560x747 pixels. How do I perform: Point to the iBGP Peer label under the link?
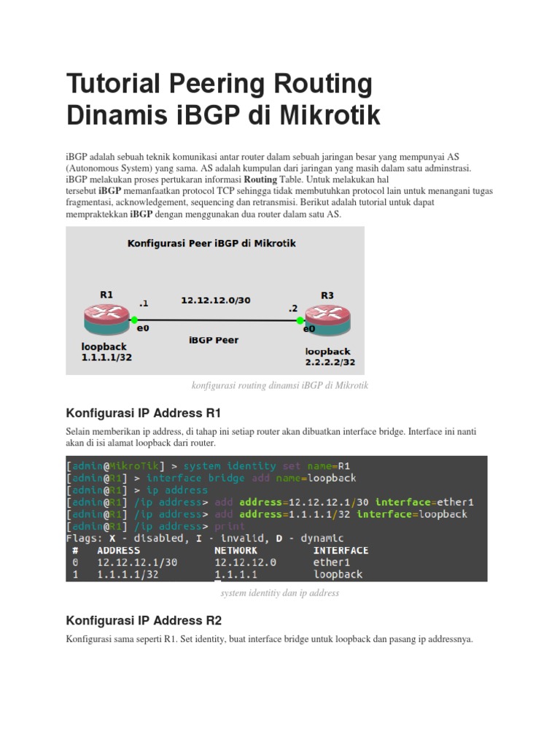pyautogui.click(x=214, y=340)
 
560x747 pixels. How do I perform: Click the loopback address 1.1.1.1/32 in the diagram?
pyautogui.click(x=106, y=357)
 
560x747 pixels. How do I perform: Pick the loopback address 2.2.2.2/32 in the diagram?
pyautogui.click(x=330, y=362)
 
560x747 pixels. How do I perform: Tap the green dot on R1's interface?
pyautogui.click(x=135, y=320)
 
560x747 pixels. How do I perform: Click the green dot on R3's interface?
pyautogui.click(x=299, y=320)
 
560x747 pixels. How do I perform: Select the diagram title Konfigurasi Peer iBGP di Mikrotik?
pyautogui.click(x=211, y=244)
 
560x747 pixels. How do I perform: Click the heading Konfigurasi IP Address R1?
pyautogui.click(x=143, y=413)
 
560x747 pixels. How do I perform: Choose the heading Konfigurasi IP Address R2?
pyautogui.click(x=143, y=620)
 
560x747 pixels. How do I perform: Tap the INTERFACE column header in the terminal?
pyautogui.click(x=341, y=550)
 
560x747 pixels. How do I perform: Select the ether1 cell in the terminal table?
pyautogui.click(x=332, y=562)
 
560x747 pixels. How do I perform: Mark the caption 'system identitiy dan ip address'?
pyautogui.click(x=280, y=593)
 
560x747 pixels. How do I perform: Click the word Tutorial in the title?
pyautogui.click(x=117, y=85)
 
